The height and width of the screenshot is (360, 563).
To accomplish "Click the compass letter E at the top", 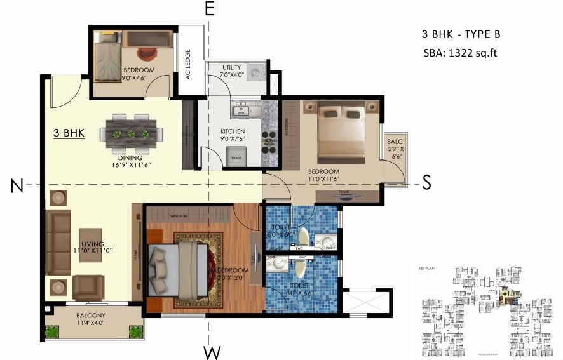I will coord(210,9).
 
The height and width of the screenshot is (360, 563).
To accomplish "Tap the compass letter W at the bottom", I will coord(210,351).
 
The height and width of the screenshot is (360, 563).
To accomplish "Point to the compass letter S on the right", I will coord(426,183).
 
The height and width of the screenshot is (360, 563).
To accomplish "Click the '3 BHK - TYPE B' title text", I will coord(465,34).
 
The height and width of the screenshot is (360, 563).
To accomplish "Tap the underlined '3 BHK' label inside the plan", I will coord(69,134).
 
